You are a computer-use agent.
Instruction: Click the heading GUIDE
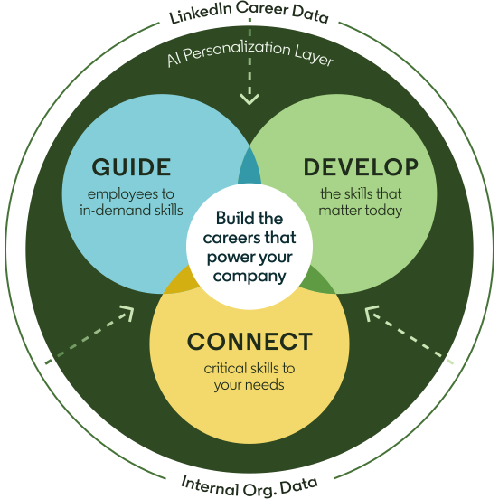tap(131, 166)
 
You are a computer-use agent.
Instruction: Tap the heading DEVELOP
tap(361, 166)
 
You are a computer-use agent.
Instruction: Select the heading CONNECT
tap(249, 342)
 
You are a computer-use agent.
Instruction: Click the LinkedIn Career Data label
tap(249, 12)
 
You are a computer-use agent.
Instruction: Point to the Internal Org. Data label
tap(249, 486)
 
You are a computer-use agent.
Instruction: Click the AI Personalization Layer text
tap(250, 53)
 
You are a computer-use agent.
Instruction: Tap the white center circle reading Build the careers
tap(249, 247)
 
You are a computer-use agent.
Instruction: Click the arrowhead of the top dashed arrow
tap(249, 99)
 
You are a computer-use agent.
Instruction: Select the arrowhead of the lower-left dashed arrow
tap(127, 313)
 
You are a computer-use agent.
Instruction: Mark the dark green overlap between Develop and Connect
tap(317, 281)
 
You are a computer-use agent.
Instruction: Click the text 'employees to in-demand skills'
tap(131, 202)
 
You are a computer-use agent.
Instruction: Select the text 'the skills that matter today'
tap(361, 202)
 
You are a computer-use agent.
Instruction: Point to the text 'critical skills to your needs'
tap(249, 376)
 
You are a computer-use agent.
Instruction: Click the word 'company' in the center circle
tap(249, 277)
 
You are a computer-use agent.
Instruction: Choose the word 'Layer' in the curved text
tap(314, 56)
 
